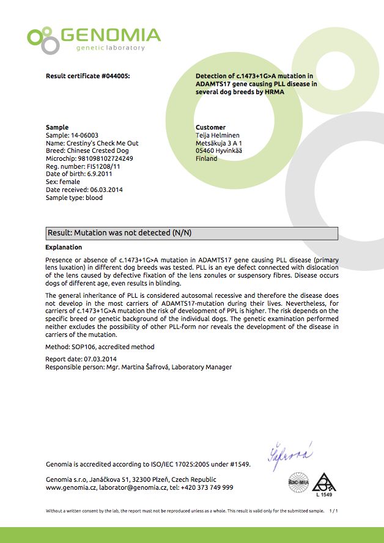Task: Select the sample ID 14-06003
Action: tap(84, 135)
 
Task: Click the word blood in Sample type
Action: tap(94, 198)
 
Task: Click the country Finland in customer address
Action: tap(206, 158)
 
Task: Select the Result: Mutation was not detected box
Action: tap(192, 233)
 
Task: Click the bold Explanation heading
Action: tap(64, 247)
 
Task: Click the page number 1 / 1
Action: tap(333, 510)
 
